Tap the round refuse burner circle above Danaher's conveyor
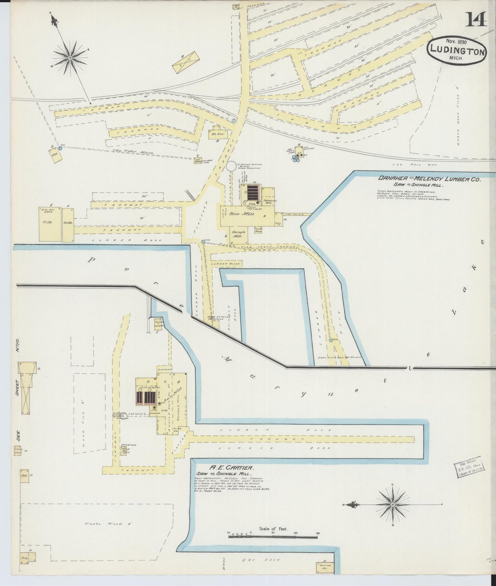click(231, 166)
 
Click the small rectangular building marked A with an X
click(186, 62)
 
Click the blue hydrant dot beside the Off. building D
click(60, 148)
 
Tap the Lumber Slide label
click(227, 264)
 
